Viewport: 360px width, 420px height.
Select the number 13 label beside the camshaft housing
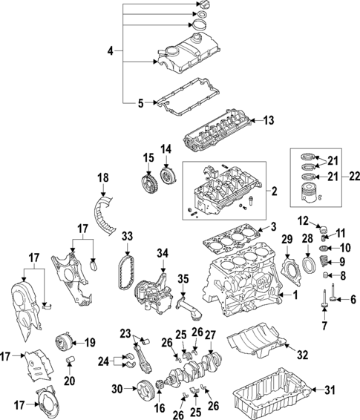(269, 119)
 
